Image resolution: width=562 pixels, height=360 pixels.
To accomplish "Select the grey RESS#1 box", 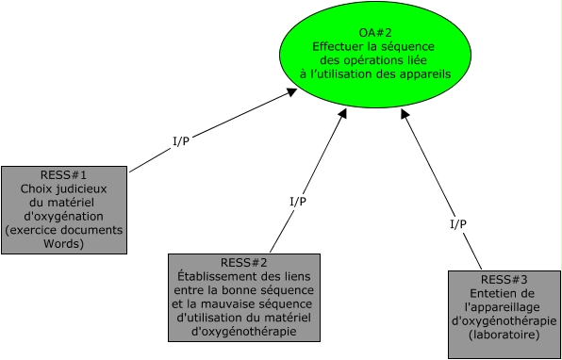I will tap(64, 209).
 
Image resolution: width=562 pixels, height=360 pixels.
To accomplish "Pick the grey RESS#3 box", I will tap(504, 315).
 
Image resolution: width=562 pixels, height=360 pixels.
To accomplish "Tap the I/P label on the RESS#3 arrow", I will tap(458, 223).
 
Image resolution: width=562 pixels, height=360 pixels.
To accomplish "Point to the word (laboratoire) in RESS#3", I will tap(504, 333).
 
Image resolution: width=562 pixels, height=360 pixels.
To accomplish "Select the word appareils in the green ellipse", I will tap(420, 73).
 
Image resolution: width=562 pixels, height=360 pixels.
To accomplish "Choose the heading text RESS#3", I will tap(504, 279).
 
